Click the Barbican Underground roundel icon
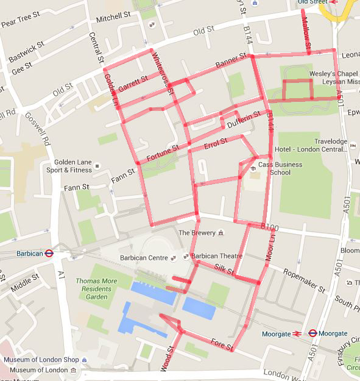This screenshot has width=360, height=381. point(50,253)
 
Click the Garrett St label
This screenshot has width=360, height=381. point(133,84)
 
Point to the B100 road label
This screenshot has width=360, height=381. point(269,227)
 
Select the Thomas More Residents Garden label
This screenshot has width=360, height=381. point(96,288)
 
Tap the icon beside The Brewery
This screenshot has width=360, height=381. point(221,233)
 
